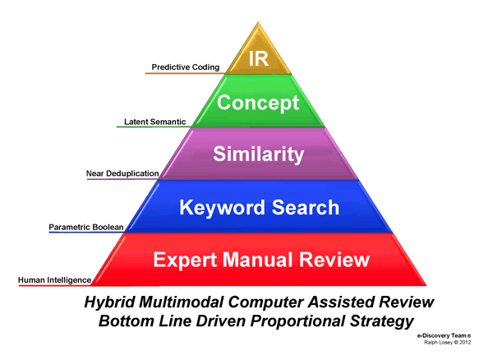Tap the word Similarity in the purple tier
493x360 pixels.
pyautogui.click(x=259, y=155)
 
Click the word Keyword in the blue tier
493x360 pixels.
pyautogui.click(x=221, y=207)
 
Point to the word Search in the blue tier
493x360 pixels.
pyautogui.click(x=308, y=207)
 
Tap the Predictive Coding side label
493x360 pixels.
pyautogui.click(x=186, y=67)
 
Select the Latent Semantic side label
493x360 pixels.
pyautogui.click(x=155, y=122)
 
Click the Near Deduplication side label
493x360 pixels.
pyautogui.click(x=123, y=173)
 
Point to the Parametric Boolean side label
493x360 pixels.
pyautogui.click(x=87, y=225)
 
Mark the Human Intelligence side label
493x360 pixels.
pyautogui.click(x=55, y=280)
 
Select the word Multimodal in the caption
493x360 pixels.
pyautogui.click(x=181, y=302)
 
